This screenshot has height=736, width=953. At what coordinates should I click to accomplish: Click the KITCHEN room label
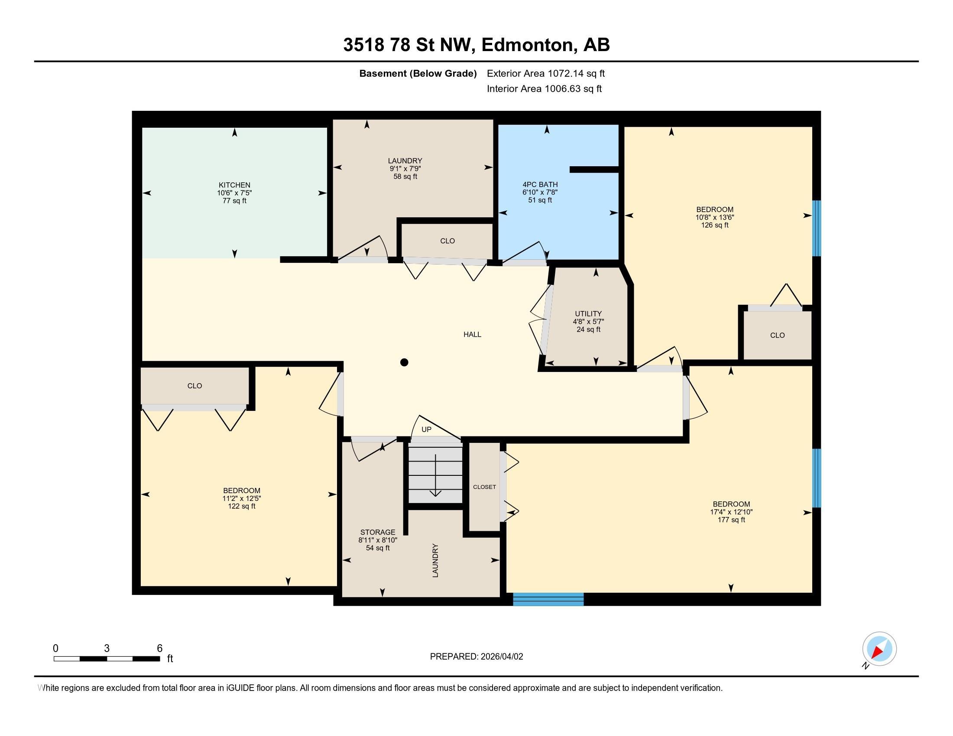(234, 185)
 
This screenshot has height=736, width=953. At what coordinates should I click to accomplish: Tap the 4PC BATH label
(540, 184)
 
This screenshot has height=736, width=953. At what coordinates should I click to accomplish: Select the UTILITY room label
(588, 313)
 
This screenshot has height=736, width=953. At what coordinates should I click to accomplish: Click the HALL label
(472, 334)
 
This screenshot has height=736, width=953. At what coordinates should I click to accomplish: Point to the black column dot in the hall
(404, 362)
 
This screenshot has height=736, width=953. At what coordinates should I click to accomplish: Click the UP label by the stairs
(426, 429)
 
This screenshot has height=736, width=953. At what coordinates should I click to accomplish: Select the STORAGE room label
(377, 532)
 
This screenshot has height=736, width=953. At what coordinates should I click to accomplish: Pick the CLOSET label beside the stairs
(484, 487)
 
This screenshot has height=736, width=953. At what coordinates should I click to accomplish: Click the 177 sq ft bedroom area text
(731, 520)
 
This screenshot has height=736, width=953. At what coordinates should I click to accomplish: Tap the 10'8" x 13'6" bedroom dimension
(714, 217)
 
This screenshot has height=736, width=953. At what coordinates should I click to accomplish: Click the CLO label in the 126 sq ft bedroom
(777, 335)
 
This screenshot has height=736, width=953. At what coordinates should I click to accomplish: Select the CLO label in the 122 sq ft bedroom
(194, 386)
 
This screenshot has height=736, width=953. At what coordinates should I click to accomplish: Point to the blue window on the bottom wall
(548, 599)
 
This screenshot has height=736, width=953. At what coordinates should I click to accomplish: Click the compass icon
(879, 649)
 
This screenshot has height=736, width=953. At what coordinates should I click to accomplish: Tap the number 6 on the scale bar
(160, 649)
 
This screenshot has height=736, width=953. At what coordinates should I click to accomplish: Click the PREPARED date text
(476, 657)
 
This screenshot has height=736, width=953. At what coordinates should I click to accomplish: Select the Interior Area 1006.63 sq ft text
(544, 89)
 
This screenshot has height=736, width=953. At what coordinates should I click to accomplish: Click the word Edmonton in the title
(527, 45)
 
